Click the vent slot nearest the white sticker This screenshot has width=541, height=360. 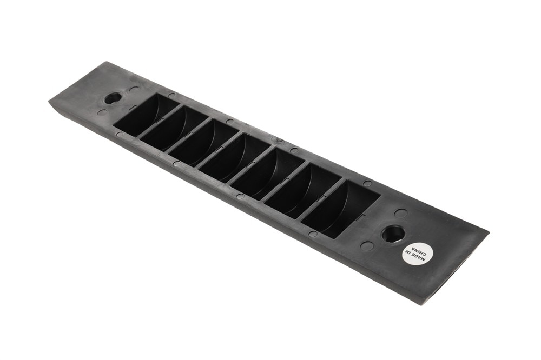(x=340, y=209)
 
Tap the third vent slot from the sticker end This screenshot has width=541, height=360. (x=268, y=175)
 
